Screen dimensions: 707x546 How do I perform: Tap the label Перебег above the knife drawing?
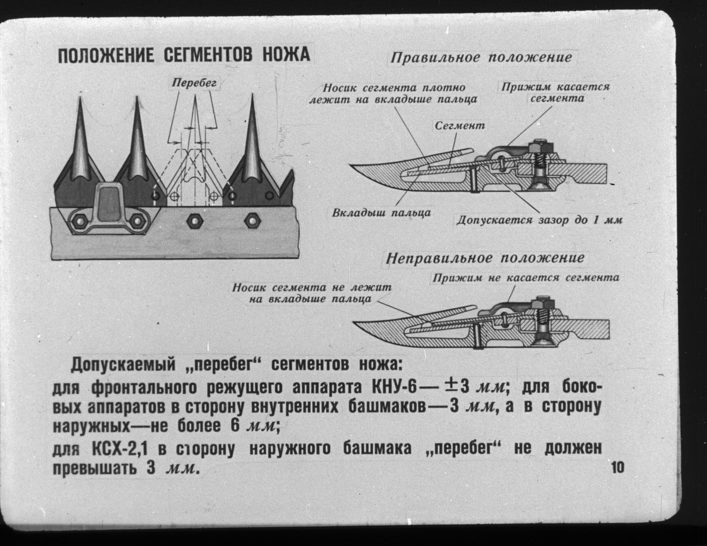(194, 83)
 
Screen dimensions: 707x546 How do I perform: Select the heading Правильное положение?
(481, 58)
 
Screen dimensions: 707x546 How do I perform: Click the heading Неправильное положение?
(485, 258)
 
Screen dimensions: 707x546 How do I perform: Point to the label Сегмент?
(460, 125)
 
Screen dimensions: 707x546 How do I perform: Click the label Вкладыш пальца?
(381, 213)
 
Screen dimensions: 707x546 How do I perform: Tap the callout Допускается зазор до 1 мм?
(540, 220)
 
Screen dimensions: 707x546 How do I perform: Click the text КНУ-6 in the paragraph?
(394, 387)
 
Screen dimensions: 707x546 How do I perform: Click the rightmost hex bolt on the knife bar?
(252, 221)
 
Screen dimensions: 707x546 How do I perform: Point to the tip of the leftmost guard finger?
(80, 96)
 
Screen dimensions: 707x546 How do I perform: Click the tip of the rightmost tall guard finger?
(252, 95)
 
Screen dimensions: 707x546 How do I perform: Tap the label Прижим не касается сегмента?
(526, 278)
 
